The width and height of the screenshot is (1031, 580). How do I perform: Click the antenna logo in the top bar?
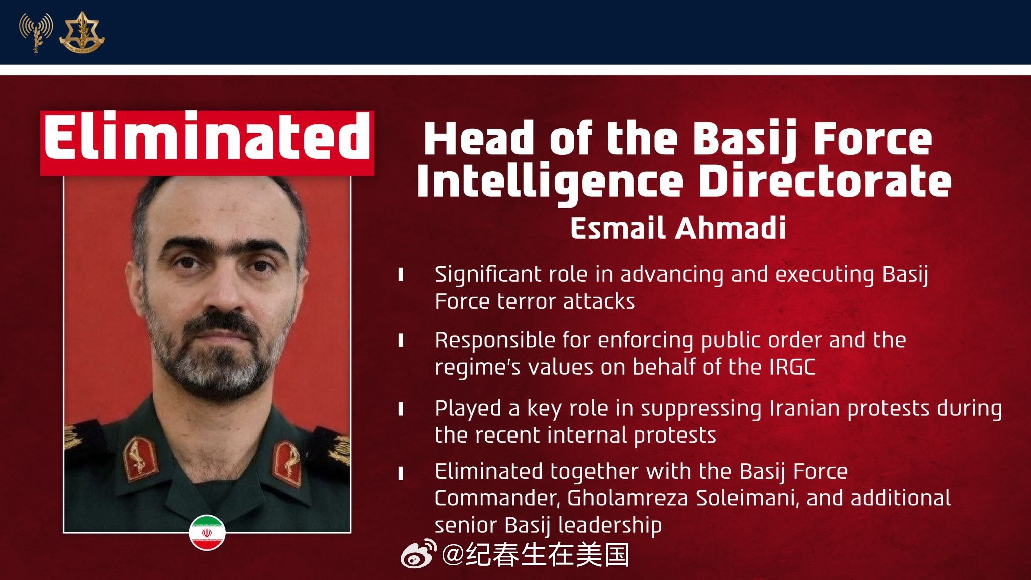36,33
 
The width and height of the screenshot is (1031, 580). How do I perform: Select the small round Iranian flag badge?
207,532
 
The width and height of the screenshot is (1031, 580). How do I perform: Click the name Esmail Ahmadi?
678,228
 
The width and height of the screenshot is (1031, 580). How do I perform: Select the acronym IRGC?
792,367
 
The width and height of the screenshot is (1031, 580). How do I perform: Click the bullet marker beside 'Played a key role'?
401,408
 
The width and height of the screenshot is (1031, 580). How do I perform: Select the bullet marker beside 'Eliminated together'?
401,474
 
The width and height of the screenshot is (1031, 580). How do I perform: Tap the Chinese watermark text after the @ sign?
547,554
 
